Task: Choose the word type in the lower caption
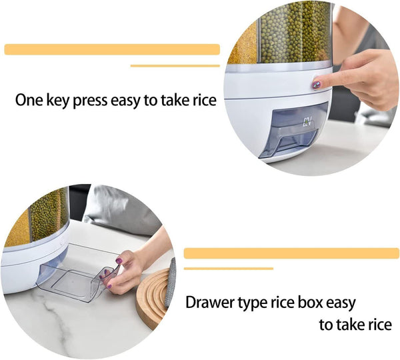pyautogui.click(x=251, y=303)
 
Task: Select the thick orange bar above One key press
pyautogui.click(x=112, y=49)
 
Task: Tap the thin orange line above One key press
pyautogui.click(x=175, y=66)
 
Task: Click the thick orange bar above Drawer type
pyautogui.click(x=291, y=253)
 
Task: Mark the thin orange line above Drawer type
pyautogui.click(x=228, y=269)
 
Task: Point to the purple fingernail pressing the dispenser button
pyautogui.click(x=317, y=85)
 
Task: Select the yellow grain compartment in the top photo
pyautogui.click(x=244, y=43)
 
